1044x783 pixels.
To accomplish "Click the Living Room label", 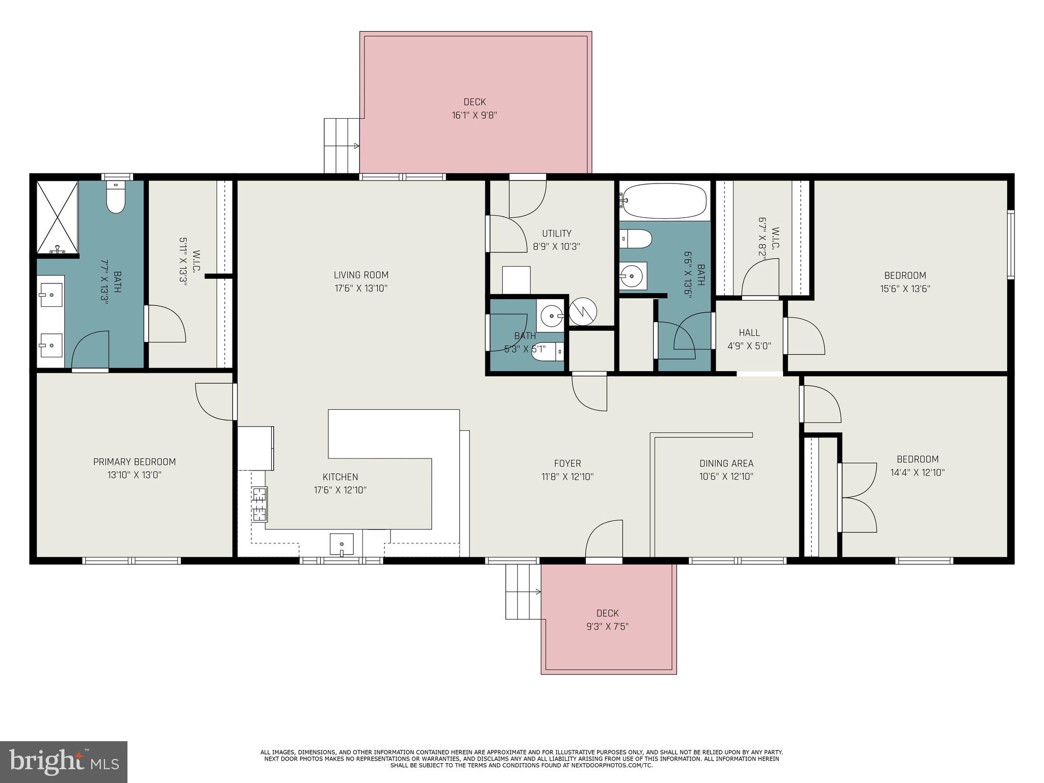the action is [x=361, y=275].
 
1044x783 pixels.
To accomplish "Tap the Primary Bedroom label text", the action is [x=134, y=462].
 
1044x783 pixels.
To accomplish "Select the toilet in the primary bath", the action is [x=116, y=198].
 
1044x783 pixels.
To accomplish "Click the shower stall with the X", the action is [x=57, y=217].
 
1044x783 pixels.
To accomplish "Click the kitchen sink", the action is [x=342, y=544].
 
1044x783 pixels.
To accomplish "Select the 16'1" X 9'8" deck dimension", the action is [x=474, y=115].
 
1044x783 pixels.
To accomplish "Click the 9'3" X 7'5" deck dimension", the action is [x=607, y=627].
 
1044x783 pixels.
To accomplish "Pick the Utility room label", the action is [x=557, y=233].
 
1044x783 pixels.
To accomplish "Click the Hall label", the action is [x=749, y=333].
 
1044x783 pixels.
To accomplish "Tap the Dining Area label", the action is [x=726, y=463].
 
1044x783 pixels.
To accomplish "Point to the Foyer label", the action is [x=567, y=463].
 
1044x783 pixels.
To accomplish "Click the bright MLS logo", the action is [x=64, y=762].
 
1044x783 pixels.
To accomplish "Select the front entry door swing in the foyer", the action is [x=604, y=540].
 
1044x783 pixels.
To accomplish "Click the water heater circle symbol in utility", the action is [x=583, y=311].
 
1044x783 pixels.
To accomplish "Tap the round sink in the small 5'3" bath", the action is [x=550, y=316].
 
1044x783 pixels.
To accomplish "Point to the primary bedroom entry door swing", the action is [x=216, y=402].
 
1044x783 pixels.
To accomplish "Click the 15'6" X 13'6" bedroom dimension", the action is [x=905, y=289].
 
